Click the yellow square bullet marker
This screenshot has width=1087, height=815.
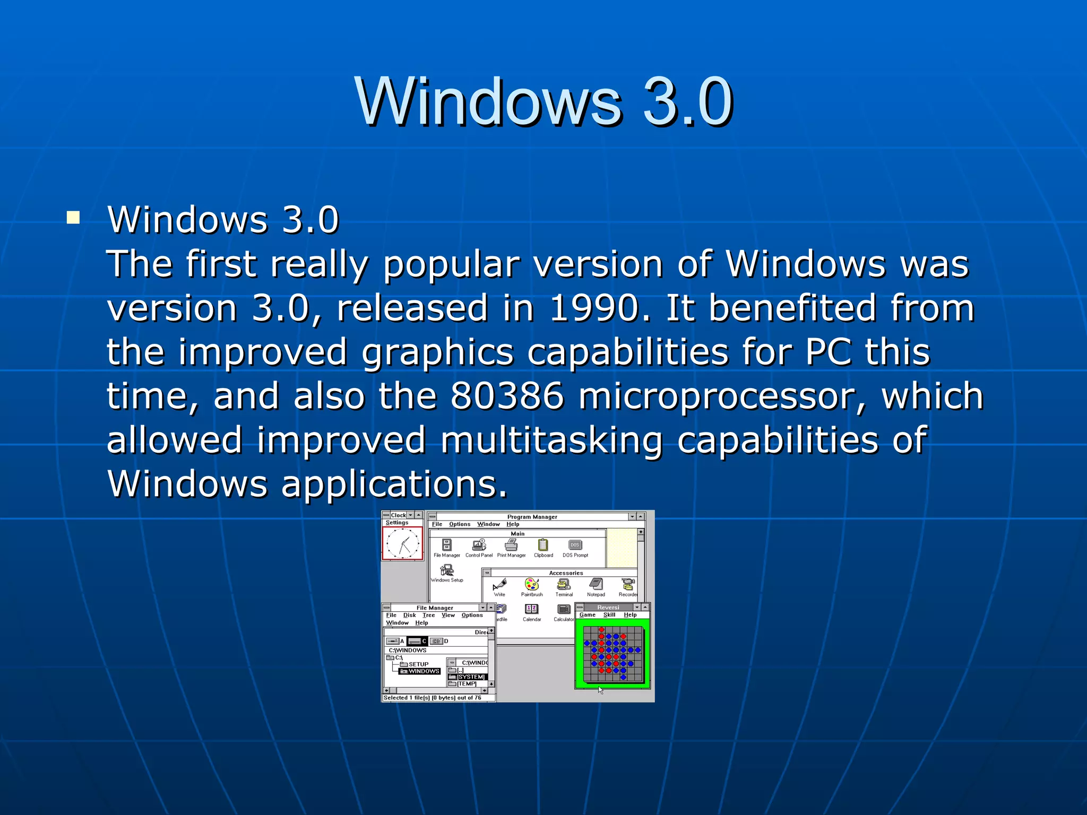(73, 218)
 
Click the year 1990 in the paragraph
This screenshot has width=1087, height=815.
(593, 308)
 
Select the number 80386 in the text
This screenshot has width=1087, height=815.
(507, 396)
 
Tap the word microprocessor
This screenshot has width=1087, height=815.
(722, 396)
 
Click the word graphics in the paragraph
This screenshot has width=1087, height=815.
(437, 352)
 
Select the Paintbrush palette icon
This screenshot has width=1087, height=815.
(531, 585)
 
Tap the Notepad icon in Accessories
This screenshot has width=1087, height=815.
(596, 585)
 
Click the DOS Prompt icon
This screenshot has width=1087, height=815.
(575, 545)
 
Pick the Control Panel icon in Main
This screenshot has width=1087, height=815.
(479, 545)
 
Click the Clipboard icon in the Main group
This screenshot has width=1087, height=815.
(543, 545)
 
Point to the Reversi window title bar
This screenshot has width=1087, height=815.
(608, 607)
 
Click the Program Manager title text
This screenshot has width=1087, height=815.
(532, 517)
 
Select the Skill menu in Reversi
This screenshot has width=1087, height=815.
(609, 615)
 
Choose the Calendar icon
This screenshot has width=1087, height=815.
(531, 610)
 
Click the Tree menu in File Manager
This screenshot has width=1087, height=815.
(428, 615)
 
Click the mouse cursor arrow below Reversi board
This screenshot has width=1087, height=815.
(600, 690)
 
